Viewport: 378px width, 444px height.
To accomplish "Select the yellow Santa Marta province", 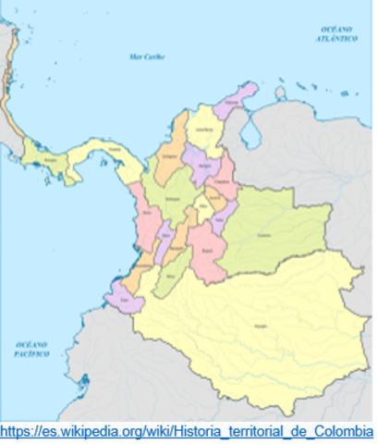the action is tap(205, 130).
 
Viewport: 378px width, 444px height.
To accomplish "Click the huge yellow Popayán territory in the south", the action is tap(250, 324).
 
